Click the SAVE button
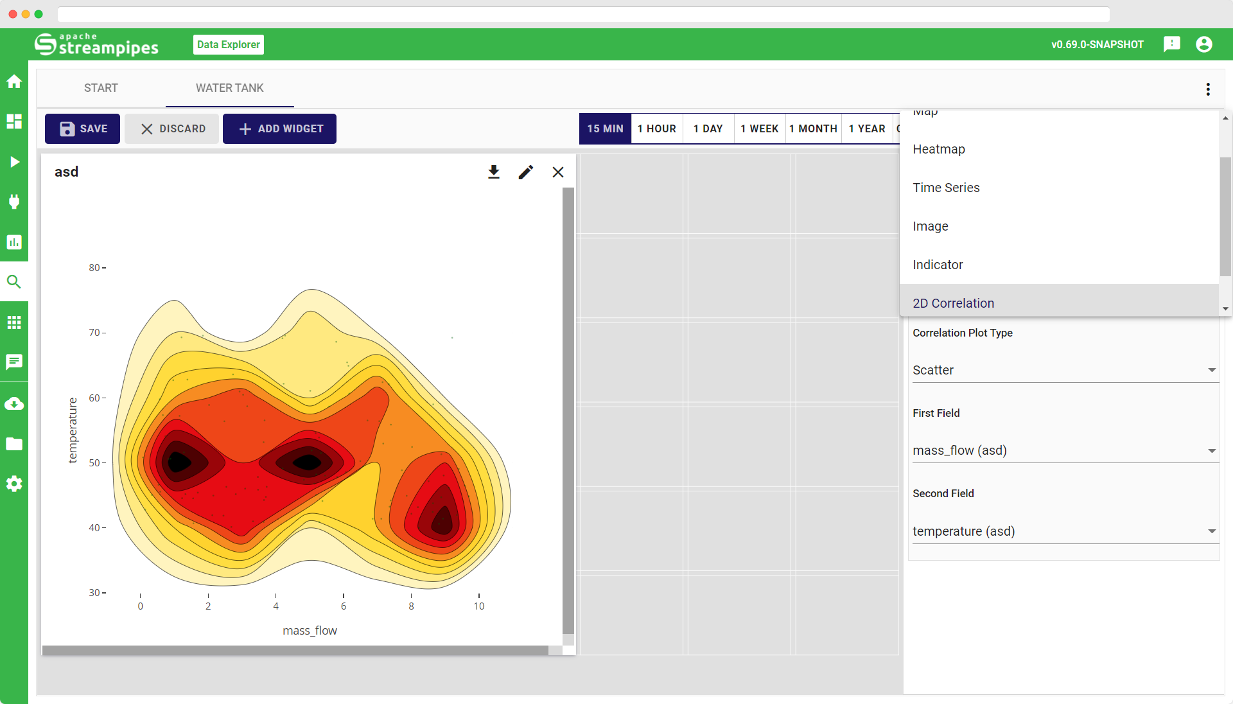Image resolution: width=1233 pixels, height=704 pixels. pos(82,128)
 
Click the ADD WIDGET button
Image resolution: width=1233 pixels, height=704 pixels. pos(279,128)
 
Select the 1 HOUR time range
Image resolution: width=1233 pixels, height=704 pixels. pos(656,128)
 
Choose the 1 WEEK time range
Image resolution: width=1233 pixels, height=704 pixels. pos(759,128)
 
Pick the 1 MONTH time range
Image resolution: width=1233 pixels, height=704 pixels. pos(813,128)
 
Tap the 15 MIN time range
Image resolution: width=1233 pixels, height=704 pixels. pos(605,128)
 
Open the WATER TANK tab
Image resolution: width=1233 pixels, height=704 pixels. pos(229,88)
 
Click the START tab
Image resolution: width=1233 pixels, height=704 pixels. pos(101,88)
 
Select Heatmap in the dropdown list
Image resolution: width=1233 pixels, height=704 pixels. pos(939,149)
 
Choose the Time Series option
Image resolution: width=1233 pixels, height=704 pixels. pos(946,188)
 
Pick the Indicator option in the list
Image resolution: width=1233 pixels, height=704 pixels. pos(938,265)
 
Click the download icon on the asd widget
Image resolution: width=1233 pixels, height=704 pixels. pos(493,172)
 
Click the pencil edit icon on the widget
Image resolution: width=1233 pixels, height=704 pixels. pos(525,172)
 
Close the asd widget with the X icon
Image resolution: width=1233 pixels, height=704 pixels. pos(558,172)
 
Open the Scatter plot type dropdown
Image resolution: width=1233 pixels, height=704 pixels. pos(1064,370)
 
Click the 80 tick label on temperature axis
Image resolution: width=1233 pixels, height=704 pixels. pos(94,268)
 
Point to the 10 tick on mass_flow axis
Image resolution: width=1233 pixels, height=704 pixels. pos(479,606)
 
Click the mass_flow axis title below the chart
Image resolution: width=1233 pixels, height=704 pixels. pos(310,631)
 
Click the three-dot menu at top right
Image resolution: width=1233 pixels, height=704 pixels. pos(1208,89)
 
